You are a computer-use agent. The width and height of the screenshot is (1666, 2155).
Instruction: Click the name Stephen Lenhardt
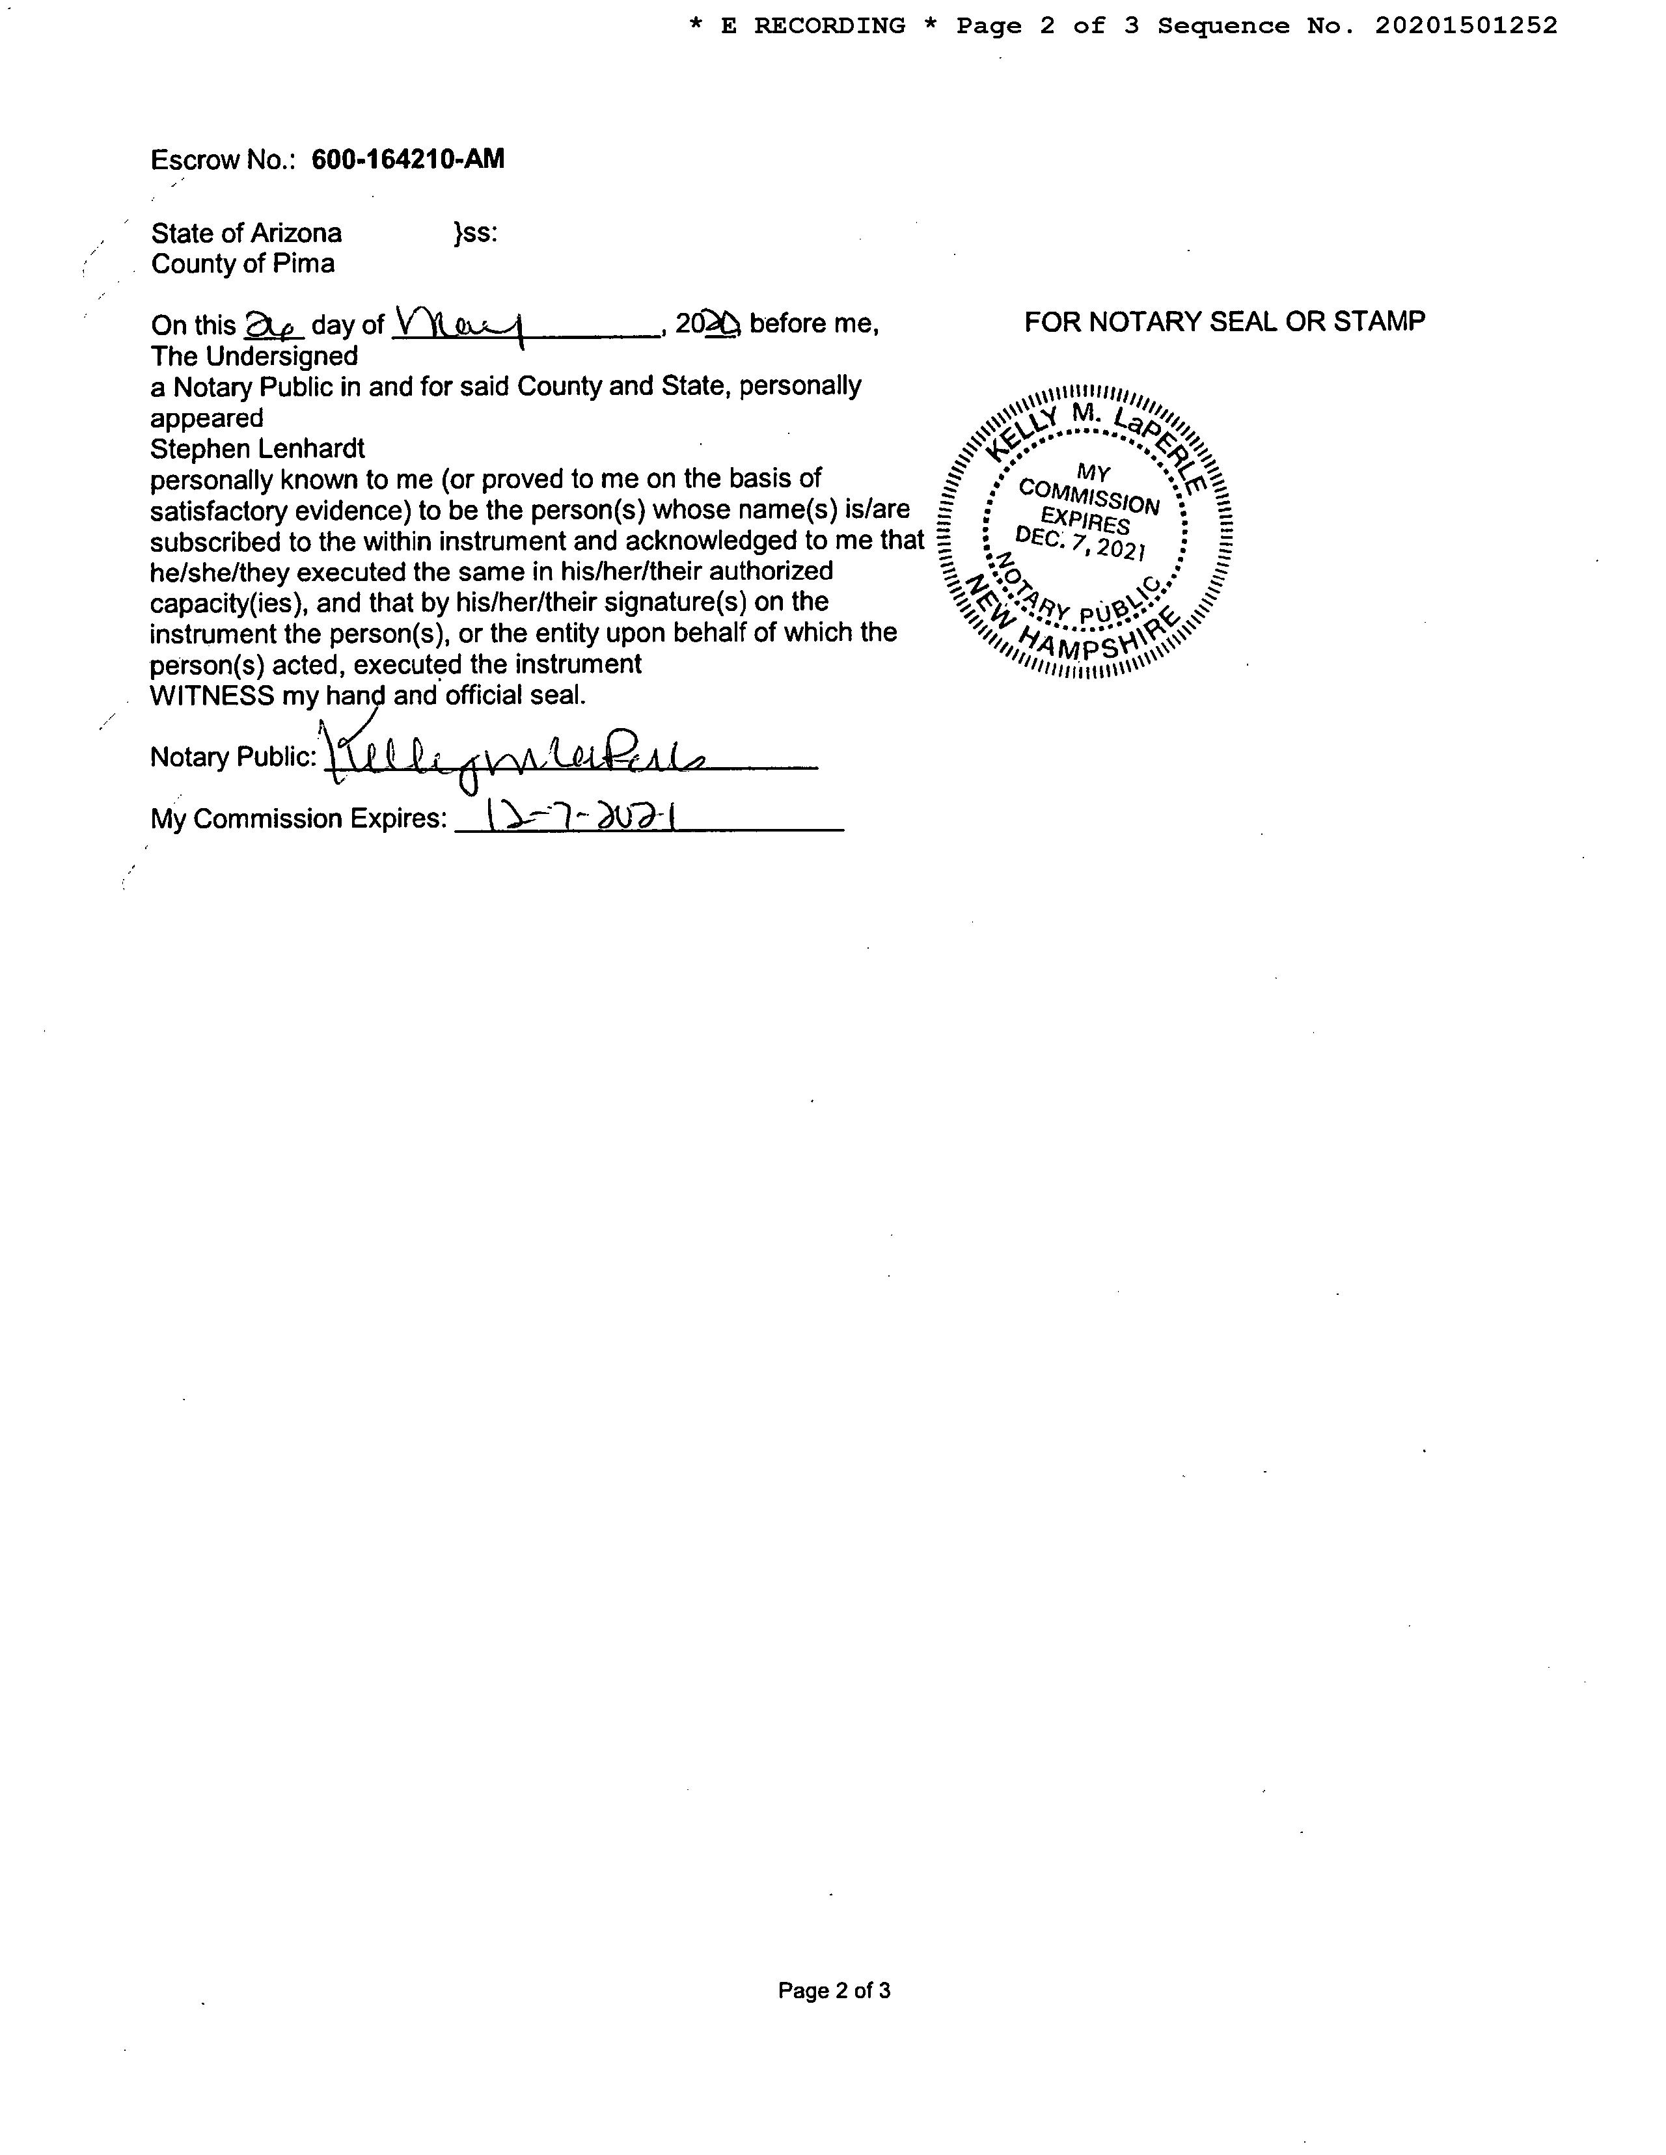[x=258, y=449]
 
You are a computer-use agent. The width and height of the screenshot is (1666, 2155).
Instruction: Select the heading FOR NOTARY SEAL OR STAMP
[x=1224, y=321]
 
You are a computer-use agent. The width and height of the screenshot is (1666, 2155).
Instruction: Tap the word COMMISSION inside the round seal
[x=1089, y=496]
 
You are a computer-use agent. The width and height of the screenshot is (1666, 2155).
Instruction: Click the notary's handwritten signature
[x=513, y=758]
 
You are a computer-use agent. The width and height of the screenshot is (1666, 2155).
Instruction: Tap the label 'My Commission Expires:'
[x=298, y=819]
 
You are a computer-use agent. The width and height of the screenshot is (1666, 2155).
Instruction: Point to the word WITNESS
[x=212, y=696]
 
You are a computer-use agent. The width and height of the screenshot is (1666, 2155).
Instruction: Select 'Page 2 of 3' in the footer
[x=834, y=1990]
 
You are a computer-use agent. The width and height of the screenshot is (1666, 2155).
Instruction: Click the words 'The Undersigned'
[x=254, y=355]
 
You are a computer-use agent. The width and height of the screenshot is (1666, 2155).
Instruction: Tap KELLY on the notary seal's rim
[x=1018, y=434]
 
